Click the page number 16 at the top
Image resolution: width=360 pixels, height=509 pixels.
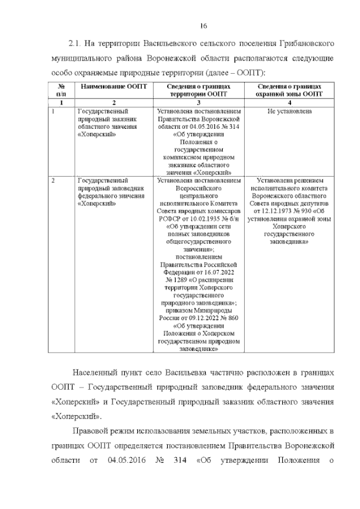204,25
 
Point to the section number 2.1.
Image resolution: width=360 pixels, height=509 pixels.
76,43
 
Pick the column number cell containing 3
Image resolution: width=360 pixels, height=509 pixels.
199,103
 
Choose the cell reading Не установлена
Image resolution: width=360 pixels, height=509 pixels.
289,111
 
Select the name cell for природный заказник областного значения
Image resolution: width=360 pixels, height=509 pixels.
105,123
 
